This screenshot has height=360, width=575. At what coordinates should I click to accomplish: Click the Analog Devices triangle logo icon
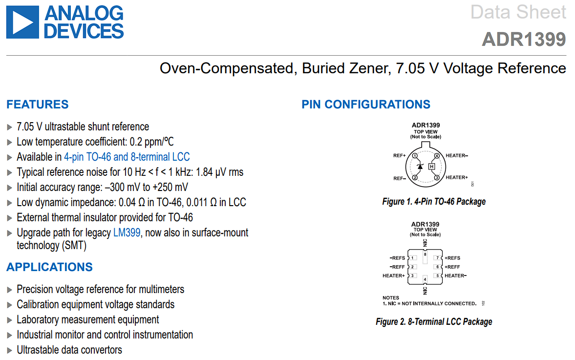pyautogui.click(x=22, y=22)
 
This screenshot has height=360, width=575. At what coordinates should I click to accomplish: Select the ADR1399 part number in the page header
pyautogui.click(x=524, y=39)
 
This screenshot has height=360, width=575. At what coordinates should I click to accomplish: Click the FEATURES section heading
pyautogui.click(x=38, y=105)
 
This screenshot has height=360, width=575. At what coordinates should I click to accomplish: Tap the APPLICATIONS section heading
pyautogui.click(x=49, y=267)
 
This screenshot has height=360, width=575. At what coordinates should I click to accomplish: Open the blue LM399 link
pyautogui.click(x=127, y=233)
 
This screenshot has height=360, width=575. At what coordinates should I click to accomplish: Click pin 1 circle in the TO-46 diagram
pyautogui.click(x=414, y=156)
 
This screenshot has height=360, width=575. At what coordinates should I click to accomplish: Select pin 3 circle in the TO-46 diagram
pyautogui.click(x=437, y=177)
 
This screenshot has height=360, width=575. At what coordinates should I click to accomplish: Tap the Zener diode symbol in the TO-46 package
pyautogui.click(x=420, y=167)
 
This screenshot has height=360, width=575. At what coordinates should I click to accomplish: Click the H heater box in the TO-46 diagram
pyautogui.click(x=431, y=167)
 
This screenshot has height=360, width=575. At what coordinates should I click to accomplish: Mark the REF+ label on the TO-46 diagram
pyautogui.click(x=399, y=156)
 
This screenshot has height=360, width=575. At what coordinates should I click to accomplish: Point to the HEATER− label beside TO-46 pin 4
pyautogui.click(x=457, y=156)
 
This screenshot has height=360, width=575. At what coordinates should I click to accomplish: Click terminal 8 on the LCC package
pyautogui.click(x=426, y=254)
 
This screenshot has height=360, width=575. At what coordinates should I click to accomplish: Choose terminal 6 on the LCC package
pyautogui.click(x=438, y=267)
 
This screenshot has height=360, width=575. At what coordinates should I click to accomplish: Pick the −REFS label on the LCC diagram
pyautogui.click(x=397, y=258)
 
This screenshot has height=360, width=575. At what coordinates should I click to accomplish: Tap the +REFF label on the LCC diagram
pyautogui.click(x=452, y=267)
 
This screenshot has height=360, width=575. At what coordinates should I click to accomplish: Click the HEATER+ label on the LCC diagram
pyautogui.click(x=394, y=275)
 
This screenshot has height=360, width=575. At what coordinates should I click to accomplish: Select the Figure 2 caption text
pyautogui.click(x=434, y=322)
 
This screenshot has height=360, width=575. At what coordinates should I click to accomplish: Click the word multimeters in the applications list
pyautogui.click(x=161, y=289)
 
